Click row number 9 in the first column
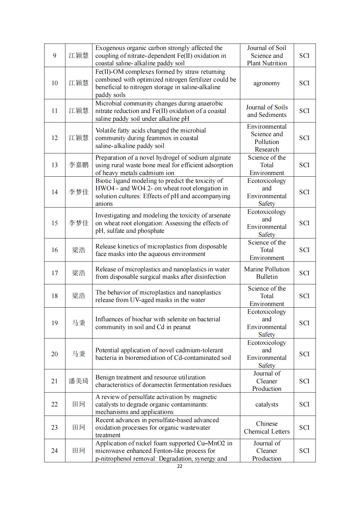pos(55,56)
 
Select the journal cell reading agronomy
pos(267,83)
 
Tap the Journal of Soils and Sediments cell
pos(267,111)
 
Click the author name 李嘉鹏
pos(78,165)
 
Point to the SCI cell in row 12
pos(304,138)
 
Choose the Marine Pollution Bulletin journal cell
pos(267,273)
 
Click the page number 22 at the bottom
pos(180,466)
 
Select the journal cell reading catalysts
pos(267,405)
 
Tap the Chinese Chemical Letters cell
pos(267,427)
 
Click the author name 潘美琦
pos(78,381)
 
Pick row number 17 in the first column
pos(55,273)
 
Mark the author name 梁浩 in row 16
pos(78,250)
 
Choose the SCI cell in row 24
pos(304,451)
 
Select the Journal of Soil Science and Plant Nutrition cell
pos(267,56)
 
